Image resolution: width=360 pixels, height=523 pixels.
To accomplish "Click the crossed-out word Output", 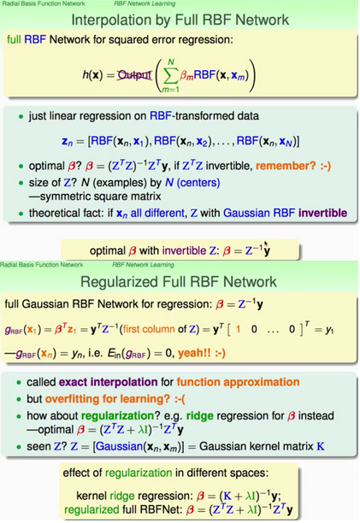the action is coord(134,74).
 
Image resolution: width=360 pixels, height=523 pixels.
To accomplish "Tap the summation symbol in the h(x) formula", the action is coord(170,76).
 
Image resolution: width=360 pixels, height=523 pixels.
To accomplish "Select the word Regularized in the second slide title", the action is coord(119,282).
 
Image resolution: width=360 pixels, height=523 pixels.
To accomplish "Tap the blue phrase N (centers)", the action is coord(192,183).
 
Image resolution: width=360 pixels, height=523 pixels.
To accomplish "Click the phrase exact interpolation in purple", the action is coord(108,382).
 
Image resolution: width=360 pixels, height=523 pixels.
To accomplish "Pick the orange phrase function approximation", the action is coord(238,382).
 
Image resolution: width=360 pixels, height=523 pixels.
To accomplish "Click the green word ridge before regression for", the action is coord(200,415).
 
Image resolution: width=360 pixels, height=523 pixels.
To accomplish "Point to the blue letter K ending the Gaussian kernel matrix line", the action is coord(321,446).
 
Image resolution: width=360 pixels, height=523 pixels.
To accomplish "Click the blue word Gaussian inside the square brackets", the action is coord(119,446).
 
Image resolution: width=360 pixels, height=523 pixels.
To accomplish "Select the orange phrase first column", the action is coord(149,329).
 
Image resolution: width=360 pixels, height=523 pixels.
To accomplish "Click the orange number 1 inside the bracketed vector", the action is coord(238,330).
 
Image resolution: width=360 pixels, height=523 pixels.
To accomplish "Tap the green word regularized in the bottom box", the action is coord(91,509).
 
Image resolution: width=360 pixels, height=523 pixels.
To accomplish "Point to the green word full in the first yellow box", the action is coord(14,39).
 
